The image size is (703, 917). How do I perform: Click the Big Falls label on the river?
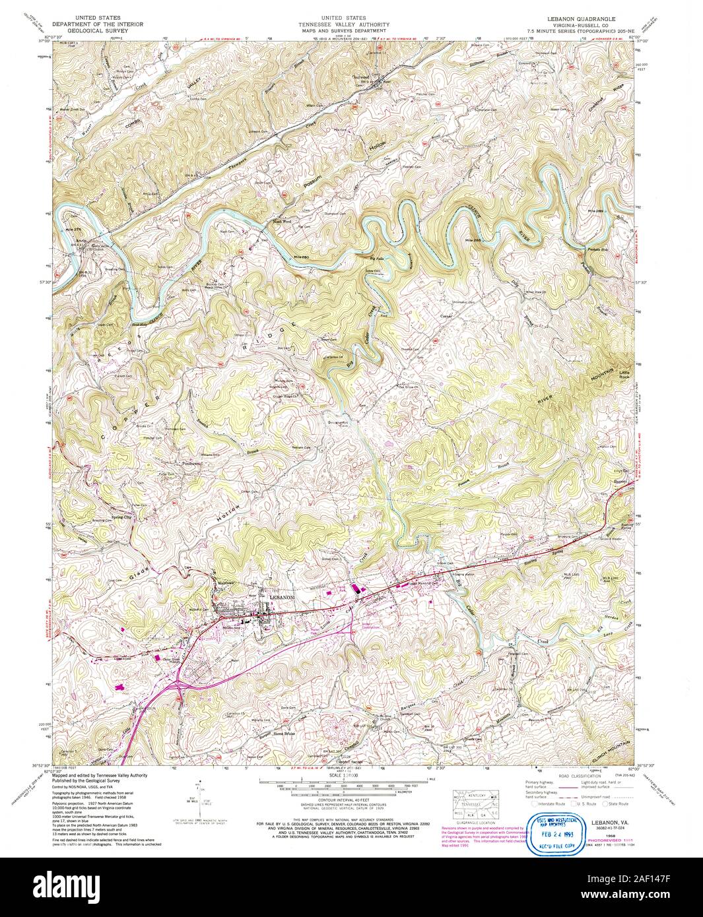[x=376, y=258]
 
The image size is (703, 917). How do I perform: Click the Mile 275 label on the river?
[x=72, y=229]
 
